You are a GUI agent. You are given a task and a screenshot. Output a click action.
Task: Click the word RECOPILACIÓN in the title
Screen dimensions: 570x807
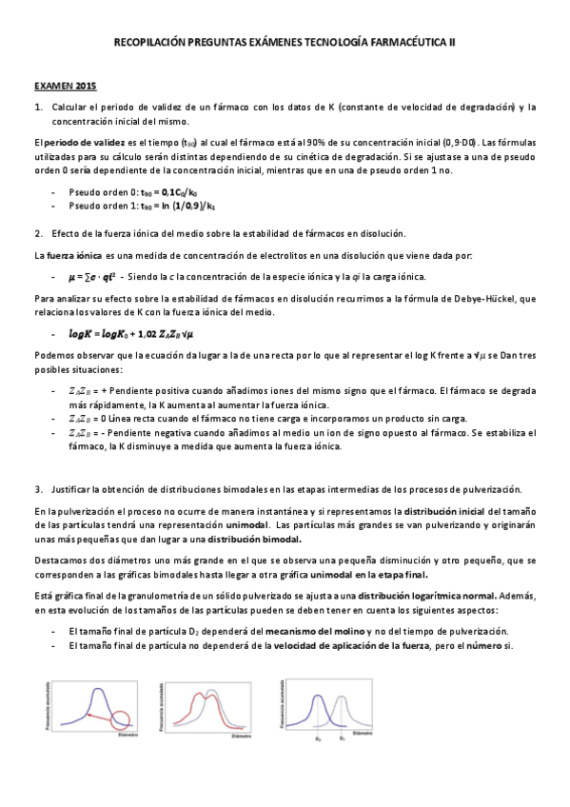(156, 43)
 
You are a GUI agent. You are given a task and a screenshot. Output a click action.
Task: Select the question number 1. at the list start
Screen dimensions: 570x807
(38, 106)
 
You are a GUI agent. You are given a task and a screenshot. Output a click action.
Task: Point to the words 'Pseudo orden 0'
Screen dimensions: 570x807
(99, 192)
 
